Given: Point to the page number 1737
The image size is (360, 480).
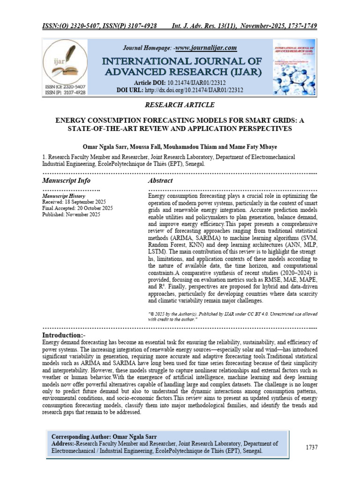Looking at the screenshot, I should (x=312, y=447).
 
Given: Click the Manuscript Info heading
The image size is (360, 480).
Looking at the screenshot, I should (x=66, y=180).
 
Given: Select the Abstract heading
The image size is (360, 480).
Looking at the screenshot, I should (x=160, y=180).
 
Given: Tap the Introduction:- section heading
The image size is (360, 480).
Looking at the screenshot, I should (x=64, y=336).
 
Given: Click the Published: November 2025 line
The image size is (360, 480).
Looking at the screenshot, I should (x=71, y=214).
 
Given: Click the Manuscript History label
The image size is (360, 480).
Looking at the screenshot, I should (x=64, y=196).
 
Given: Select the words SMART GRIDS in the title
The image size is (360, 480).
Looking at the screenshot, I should (x=268, y=120).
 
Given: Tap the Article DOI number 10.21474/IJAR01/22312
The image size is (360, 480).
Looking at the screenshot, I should (x=205, y=82).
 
